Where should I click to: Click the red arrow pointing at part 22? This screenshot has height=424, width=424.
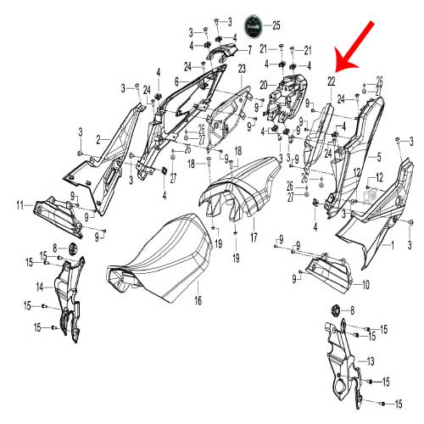coord(354,46)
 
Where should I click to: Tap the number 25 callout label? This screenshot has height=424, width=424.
coord(276,25)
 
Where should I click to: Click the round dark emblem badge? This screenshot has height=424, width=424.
coord(254,25)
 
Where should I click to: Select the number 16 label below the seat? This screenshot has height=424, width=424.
coord(198,300)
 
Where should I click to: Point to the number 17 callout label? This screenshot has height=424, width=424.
coord(254,237)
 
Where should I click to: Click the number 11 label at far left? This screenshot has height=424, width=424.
coord(20,205)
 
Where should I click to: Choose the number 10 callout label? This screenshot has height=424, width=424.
coord(365,285)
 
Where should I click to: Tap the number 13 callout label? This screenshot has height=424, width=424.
coord(371,361)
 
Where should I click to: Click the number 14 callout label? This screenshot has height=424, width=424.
coord(40,287)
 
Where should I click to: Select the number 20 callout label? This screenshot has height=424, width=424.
coord(264,85)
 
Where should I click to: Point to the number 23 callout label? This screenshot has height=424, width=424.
coord(242,69)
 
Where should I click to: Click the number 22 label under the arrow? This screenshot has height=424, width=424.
coord(332,81)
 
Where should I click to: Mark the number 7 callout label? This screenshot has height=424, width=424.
coord(249,51)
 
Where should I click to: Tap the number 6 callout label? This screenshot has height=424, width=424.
coord(177,82)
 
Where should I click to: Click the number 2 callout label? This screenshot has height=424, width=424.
coord(98,140)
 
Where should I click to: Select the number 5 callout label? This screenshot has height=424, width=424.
coord(379,157)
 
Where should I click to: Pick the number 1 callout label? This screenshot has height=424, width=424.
coord(393,245)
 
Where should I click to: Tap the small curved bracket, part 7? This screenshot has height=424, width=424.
coord(222,53)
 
